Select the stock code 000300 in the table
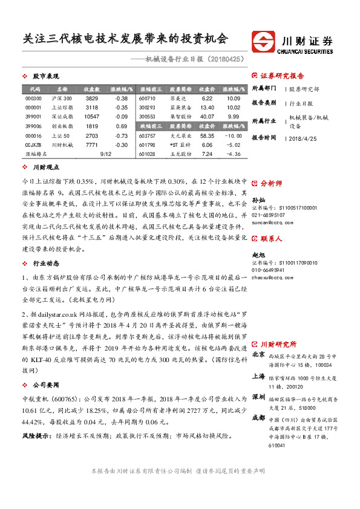34,98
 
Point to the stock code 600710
147,98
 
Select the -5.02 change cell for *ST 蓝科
233,146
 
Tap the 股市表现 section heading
45,77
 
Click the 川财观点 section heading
45,167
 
